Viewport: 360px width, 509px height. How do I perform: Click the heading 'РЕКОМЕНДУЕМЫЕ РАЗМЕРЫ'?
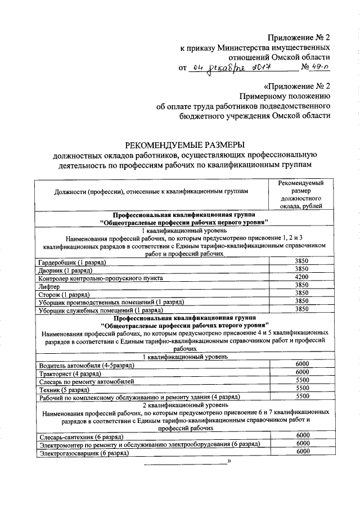tap(185, 144)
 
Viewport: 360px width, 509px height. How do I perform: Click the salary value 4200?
tap(301, 277)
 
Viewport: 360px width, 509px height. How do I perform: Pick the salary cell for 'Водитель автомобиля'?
tap(302, 364)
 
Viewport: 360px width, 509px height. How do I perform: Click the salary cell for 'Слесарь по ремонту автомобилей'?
tap(302, 380)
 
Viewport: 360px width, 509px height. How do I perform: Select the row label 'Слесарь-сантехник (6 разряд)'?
tap(81, 436)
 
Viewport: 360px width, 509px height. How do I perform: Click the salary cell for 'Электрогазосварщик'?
tap(302, 452)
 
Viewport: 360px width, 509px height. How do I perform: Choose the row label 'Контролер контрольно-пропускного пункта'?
tap(101, 278)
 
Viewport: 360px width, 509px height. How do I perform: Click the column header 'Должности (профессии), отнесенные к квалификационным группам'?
tap(151, 192)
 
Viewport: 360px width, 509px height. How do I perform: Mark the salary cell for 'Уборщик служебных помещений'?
tap(301, 309)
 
